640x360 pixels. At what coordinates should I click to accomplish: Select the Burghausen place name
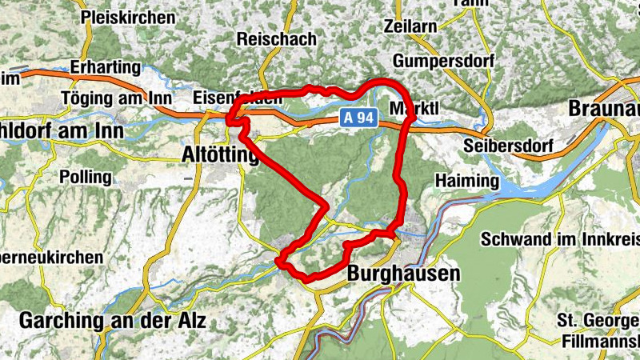(404, 274)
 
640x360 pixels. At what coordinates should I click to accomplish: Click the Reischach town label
(277, 38)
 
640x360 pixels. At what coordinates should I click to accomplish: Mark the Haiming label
(467, 182)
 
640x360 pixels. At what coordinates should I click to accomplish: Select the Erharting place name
(105, 67)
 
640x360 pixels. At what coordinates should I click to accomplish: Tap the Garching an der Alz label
(112, 321)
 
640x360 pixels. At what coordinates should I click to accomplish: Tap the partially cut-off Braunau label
(603, 107)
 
